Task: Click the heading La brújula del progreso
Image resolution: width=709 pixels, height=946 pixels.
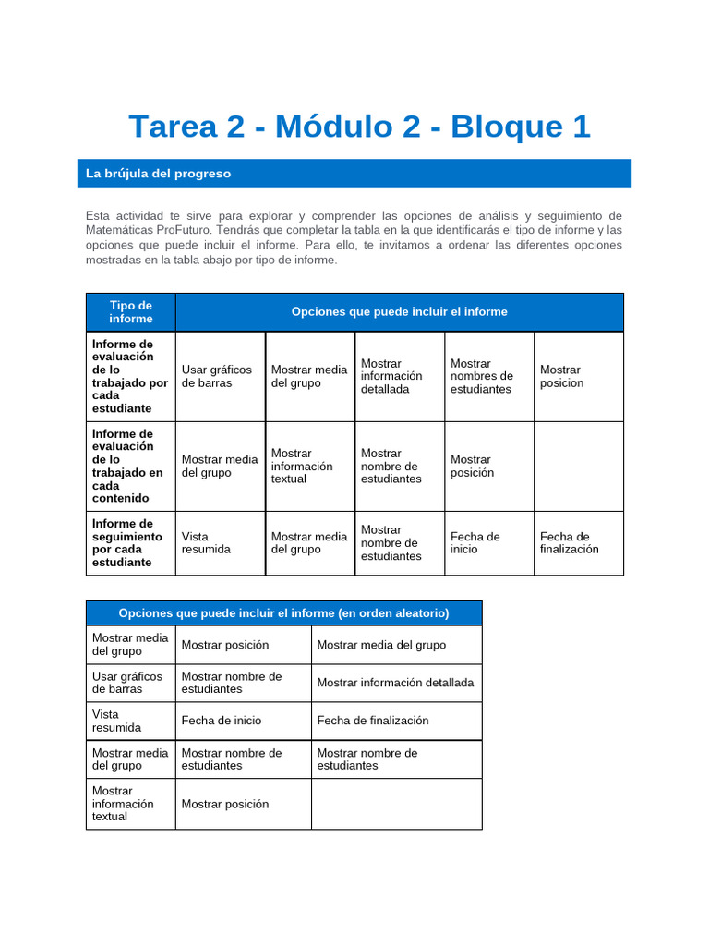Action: click(158, 174)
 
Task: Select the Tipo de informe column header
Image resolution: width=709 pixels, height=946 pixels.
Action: click(130, 312)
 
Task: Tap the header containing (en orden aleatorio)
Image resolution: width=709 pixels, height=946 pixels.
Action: click(283, 613)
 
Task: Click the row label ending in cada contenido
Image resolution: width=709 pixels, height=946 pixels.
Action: click(129, 466)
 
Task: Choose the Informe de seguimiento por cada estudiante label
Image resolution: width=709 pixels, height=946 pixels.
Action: click(129, 542)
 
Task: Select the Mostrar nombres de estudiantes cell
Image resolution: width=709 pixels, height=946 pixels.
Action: click(481, 376)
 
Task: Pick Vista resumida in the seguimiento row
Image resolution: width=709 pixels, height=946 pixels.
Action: click(206, 542)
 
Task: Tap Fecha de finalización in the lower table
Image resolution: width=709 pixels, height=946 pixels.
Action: click(373, 721)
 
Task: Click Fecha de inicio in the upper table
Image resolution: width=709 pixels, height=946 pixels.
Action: click(475, 542)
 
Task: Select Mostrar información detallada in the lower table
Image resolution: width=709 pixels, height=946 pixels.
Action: click(395, 683)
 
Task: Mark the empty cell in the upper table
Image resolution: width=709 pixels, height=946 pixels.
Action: click(578, 466)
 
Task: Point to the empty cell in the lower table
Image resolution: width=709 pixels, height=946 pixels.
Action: click(396, 804)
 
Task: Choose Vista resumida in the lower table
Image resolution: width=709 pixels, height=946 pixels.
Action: click(116, 721)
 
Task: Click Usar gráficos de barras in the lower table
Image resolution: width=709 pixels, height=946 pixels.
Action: click(127, 683)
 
